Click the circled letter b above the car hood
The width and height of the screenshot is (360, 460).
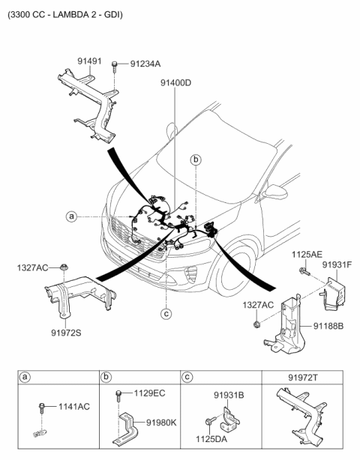196,160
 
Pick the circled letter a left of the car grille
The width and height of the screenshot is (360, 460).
71,217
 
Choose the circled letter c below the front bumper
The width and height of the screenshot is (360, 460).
166,314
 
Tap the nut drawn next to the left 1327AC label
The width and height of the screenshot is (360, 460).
66,267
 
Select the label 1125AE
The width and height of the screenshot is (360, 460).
307,255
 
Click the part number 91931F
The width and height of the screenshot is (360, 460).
337,264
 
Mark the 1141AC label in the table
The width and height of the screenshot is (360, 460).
73,407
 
